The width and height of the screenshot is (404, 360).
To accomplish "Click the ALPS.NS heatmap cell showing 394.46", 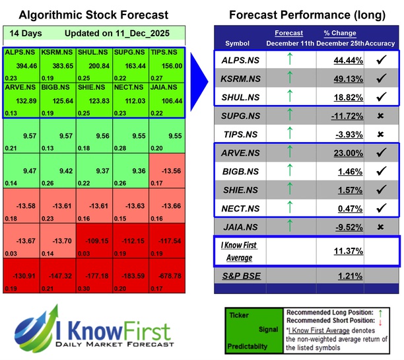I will [x=21, y=65].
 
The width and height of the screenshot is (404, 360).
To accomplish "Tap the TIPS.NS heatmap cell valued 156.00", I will [x=167, y=65].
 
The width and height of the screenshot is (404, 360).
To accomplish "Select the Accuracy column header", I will [x=381, y=43].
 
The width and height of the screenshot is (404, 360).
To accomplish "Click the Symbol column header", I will [x=238, y=43].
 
